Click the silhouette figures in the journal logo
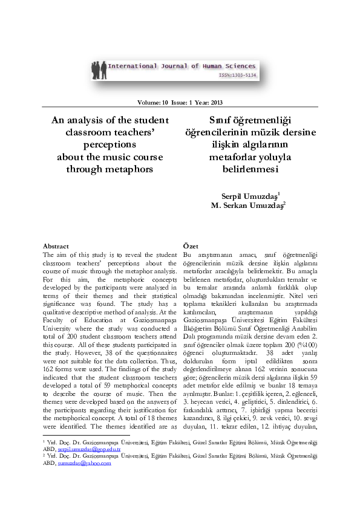pos(99,70)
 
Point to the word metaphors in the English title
pos(133,169)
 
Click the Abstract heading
pos(56,246)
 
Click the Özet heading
pos(191,246)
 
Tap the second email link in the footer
pos(85,464)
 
